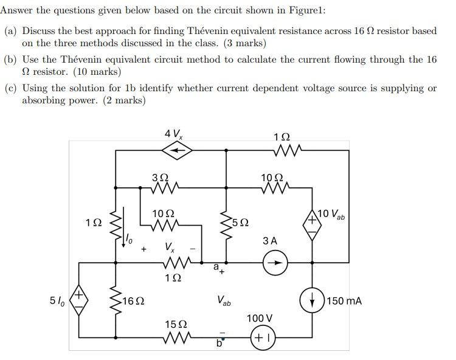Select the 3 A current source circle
point(274,263)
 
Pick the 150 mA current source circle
point(313,300)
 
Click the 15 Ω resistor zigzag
point(176,337)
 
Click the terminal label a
point(216,266)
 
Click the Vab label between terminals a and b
point(223,300)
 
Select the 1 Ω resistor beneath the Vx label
point(176,263)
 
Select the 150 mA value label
point(344,300)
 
